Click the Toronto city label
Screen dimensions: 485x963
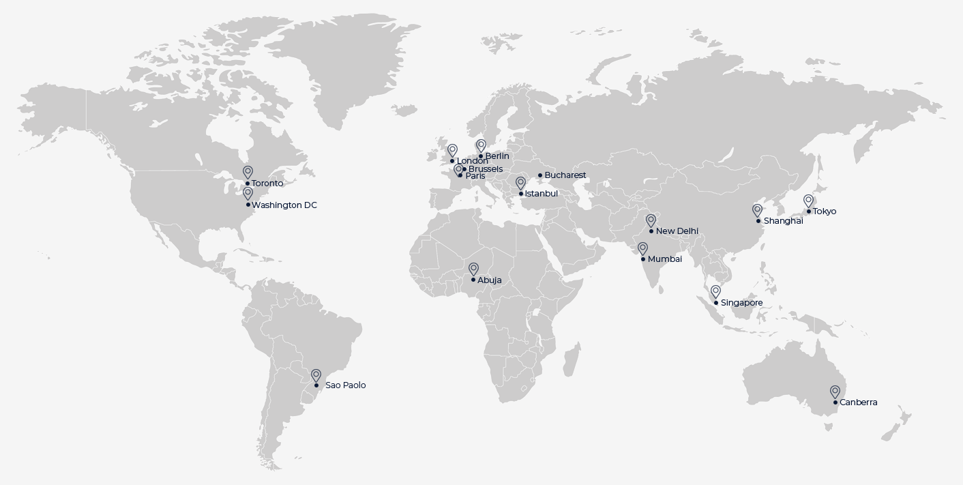point(267,183)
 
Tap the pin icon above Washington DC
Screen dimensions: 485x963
point(248,194)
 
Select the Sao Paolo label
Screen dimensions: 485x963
point(345,385)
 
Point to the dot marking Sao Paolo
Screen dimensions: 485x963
point(316,385)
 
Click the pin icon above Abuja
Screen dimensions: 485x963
point(473,269)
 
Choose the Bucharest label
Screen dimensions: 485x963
point(565,175)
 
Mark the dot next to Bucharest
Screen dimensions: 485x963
point(540,175)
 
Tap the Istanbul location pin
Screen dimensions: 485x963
point(520,183)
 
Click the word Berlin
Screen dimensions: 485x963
point(497,156)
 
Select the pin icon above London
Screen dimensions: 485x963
point(452,150)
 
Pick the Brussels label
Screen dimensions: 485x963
point(486,169)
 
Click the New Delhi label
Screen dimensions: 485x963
point(677,231)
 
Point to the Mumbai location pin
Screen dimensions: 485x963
point(642,248)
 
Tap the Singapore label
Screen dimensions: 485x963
point(741,303)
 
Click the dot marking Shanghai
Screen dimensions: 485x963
point(758,221)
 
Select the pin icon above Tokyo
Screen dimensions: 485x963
point(808,201)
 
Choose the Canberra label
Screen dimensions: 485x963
point(858,402)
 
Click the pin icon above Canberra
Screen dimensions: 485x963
point(835,392)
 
